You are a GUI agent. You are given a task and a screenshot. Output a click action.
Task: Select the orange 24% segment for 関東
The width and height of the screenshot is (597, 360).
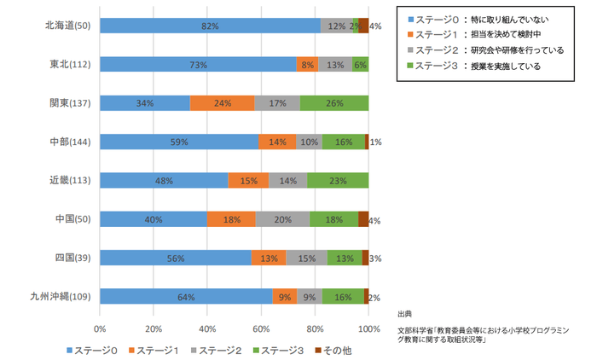coord(222,103)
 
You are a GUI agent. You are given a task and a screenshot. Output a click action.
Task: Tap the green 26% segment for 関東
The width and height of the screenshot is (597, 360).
coord(334,103)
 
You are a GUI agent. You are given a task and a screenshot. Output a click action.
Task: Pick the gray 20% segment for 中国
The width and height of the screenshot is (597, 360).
coord(282,219)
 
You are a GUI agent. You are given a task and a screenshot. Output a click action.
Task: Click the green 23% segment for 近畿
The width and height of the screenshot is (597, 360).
coord(338,181)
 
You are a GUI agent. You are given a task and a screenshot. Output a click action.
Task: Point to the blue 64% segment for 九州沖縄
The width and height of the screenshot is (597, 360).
coord(186,296)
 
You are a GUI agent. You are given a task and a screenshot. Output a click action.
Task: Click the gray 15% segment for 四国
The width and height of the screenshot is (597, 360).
coord(306,258)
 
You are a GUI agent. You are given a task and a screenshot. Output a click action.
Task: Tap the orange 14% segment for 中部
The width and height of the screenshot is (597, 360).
coord(277,142)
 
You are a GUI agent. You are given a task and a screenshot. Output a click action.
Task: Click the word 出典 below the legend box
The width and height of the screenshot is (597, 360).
coord(405,313)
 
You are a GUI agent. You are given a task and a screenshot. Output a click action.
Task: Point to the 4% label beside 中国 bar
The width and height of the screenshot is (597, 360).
coord(374,221)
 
